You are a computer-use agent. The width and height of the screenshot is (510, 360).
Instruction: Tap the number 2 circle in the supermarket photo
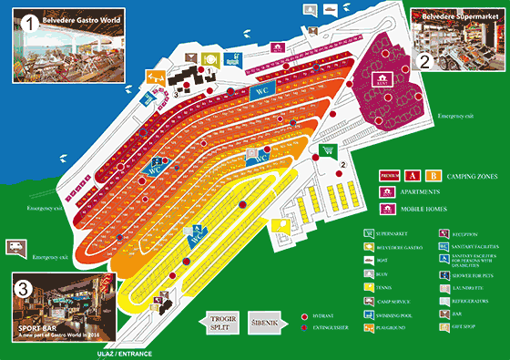point(425,63)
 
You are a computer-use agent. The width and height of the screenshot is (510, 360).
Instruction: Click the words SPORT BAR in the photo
point(36,325)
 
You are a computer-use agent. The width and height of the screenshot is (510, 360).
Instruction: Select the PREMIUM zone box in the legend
point(389,175)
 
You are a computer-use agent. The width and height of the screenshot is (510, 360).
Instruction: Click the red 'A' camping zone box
point(413,175)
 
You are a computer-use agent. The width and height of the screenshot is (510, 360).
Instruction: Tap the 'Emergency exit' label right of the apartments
point(454,117)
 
